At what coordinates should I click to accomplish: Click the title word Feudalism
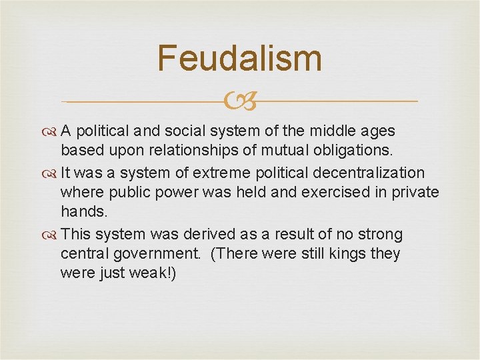[239, 58]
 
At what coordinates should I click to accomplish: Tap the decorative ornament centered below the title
[239, 102]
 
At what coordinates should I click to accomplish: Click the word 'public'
[127, 193]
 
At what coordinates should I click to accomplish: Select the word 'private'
[415, 193]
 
